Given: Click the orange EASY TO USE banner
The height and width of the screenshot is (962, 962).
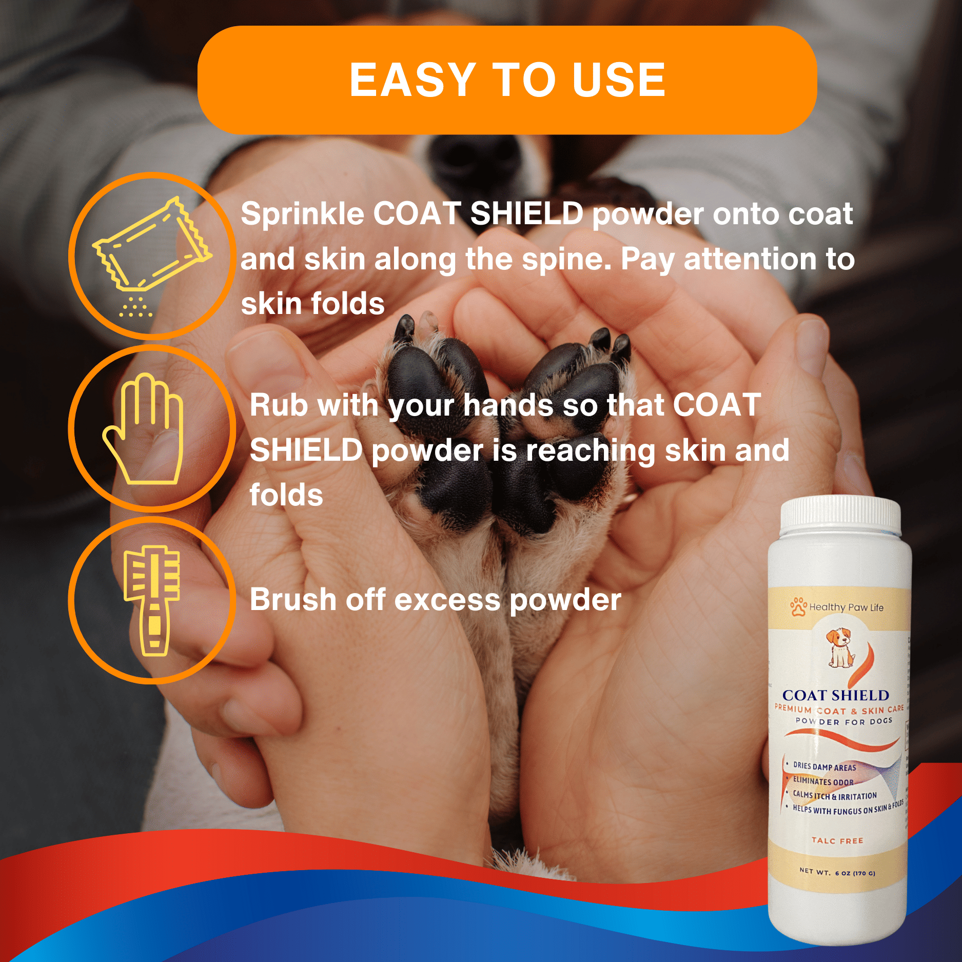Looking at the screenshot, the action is pyautogui.click(x=507, y=80).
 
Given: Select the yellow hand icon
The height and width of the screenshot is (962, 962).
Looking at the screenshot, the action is pyautogui.click(x=144, y=428).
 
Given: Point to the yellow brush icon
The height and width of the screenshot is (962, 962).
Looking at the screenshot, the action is pyautogui.click(x=152, y=600).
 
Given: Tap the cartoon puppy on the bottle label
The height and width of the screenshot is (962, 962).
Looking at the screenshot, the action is pyautogui.click(x=840, y=647).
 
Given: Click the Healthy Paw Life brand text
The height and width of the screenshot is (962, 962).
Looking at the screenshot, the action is pyautogui.click(x=846, y=607).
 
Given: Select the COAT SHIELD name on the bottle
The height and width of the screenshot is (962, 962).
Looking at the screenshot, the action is pyautogui.click(x=835, y=695).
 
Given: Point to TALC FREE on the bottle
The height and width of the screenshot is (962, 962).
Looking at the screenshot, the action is pyautogui.click(x=837, y=841).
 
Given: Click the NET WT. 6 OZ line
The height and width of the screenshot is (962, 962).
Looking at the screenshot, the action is pyautogui.click(x=837, y=872).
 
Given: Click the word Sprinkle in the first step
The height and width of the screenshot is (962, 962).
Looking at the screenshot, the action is pyautogui.click(x=302, y=213).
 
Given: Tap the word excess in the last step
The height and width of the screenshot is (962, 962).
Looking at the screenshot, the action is pyautogui.click(x=447, y=600).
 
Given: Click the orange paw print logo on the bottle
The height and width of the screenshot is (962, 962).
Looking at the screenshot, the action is pyautogui.click(x=798, y=606).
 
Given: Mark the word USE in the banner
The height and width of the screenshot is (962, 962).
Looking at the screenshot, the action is pyautogui.click(x=619, y=80).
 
